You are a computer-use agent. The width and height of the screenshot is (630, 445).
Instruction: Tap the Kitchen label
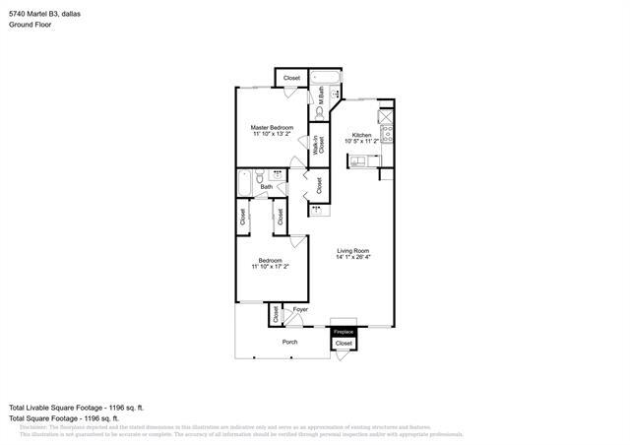click(361, 134)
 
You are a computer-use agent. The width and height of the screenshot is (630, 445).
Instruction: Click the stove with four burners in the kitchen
click(387, 128)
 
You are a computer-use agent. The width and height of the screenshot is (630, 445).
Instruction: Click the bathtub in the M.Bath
click(324, 78)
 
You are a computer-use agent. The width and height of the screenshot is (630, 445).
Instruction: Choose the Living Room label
click(352, 251)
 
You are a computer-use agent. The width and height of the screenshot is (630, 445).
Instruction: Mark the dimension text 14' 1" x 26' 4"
click(352, 258)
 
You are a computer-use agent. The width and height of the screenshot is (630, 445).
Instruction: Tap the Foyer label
click(299, 309)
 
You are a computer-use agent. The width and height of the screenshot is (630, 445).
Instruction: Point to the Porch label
click(289, 342)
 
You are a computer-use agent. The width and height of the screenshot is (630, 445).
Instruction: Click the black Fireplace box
click(343, 333)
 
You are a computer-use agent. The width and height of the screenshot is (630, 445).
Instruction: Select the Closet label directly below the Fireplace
click(343, 344)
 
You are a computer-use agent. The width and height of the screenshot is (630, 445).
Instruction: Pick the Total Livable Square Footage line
click(77, 407)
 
